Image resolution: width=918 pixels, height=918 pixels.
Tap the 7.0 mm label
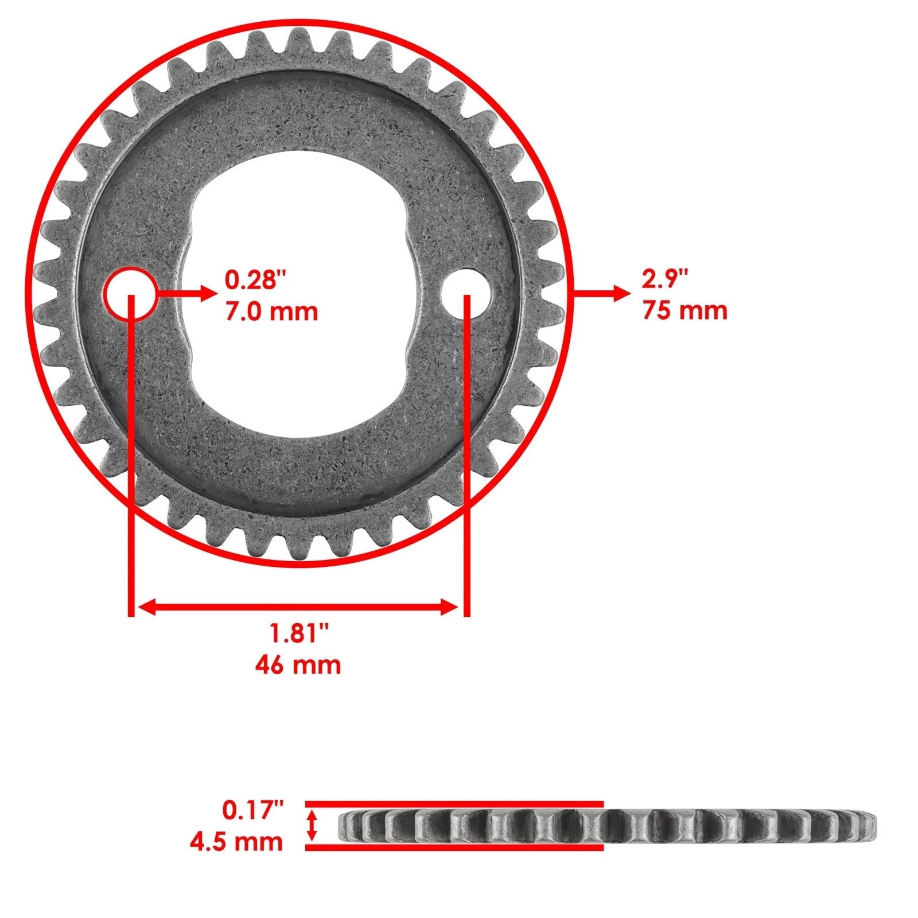[x=271, y=312]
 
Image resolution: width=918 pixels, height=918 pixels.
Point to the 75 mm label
[x=684, y=311]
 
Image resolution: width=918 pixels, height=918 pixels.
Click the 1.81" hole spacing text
[x=299, y=634]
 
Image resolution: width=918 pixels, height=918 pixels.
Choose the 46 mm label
[x=298, y=665]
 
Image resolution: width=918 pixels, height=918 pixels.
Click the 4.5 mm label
[x=236, y=842]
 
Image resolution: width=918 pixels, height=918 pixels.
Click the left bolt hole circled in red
[x=130, y=293]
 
